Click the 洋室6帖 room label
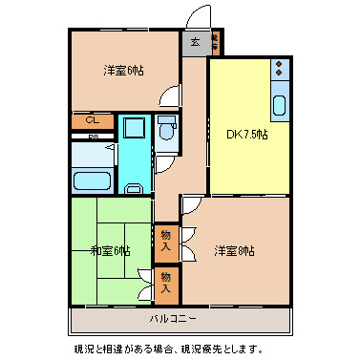click(x=124, y=70)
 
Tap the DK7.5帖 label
click(x=247, y=134)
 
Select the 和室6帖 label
click(x=110, y=250)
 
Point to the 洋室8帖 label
click(x=234, y=250)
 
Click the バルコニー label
click(x=173, y=317)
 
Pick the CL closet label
click(x=93, y=121)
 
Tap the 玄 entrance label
click(x=195, y=42)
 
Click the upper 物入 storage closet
click(x=166, y=240)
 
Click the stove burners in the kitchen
click(x=279, y=69)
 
